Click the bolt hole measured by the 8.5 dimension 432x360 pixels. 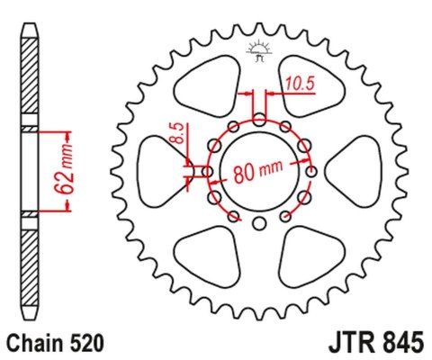click(x=208, y=170)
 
